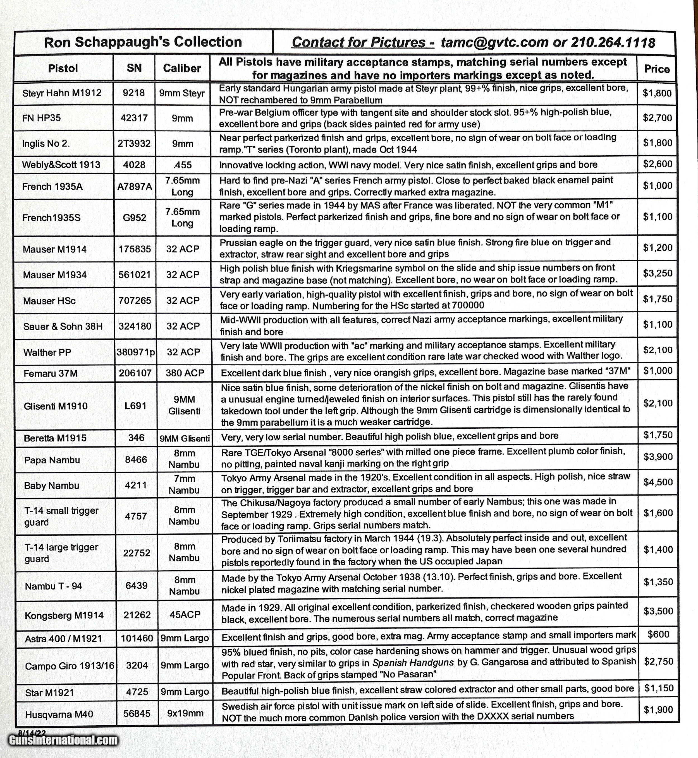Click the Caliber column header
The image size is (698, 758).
182,68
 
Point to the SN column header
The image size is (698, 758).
134,68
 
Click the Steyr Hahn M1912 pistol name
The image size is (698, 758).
62,93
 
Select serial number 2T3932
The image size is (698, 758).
134,143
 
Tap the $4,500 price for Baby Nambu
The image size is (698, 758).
658,482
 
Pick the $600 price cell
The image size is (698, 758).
658,634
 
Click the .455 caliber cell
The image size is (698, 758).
182,165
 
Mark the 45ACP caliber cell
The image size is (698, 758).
185,615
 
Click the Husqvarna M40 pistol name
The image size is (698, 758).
59,714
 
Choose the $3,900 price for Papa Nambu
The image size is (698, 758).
658,457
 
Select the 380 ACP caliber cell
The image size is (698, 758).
185,373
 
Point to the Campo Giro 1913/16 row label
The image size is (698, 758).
70,666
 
